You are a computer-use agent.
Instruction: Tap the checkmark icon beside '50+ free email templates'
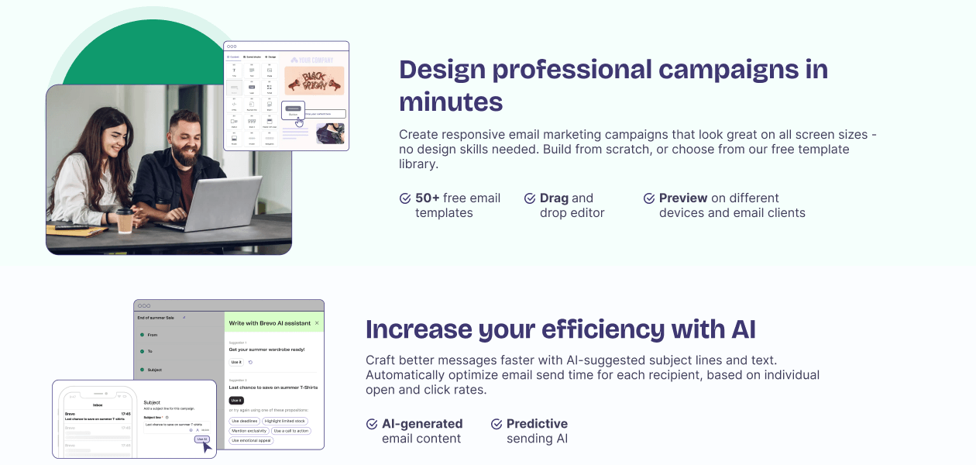(x=405, y=198)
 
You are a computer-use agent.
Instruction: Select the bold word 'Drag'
(x=554, y=198)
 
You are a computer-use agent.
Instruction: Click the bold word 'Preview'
(x=683, y=198)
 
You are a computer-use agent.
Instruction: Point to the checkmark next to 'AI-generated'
(x=372, y=424)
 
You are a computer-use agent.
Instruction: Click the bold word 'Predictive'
(x=537, y=424)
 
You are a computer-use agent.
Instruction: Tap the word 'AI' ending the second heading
(x=743, y=329)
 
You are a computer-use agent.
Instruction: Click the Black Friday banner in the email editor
(x=314, y=80)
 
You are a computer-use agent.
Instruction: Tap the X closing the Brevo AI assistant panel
(x=317, y=322)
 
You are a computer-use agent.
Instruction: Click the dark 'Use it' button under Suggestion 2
(x=235, y=400)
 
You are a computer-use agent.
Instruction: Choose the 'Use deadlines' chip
(x=244, y=421)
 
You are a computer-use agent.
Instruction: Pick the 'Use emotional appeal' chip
(x=251, y=440)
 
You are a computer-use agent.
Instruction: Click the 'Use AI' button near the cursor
(x=201, y=439)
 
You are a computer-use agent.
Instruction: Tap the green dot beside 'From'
(x=143, y=335)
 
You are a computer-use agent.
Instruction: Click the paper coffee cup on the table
(x=125, y=220)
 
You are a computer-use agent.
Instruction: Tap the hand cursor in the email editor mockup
(x=299, y=122)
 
